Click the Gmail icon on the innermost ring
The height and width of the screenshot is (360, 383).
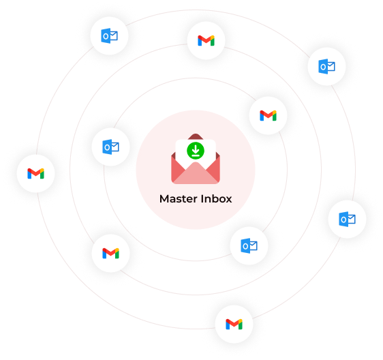(x=268, y=115)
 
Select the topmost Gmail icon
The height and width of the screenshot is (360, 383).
(x=206, y=40)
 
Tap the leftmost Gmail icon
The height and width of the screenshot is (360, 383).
(x=35, y=173)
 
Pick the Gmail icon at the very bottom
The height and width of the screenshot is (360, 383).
(x=234, y=324)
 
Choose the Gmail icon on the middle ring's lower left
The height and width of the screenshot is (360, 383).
(x=110, y=253)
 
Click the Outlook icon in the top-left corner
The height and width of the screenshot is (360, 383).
(x=109, y=35)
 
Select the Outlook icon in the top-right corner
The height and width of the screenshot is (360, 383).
(x=326, y=66)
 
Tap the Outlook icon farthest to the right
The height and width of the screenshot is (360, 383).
(x=347, y=220)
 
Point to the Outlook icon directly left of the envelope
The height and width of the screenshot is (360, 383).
(x=110, y=147)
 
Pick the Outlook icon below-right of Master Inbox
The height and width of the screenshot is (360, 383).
(x=249, y=245)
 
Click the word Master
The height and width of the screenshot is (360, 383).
(x=179, y=198)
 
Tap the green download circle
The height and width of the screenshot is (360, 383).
(x=196, y=151)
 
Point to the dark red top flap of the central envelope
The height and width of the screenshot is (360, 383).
(x=196, y=136)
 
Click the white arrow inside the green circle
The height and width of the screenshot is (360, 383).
(x=196, y=150)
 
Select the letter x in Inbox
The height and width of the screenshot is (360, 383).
(x=228, y=200)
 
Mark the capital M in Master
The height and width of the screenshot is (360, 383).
(x=164, y=199)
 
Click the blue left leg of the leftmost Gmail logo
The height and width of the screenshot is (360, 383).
(x=29, y=174)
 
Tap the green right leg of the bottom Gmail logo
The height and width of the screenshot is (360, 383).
(x=241, y=325)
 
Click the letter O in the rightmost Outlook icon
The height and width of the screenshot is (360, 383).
(x=343, y=220)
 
